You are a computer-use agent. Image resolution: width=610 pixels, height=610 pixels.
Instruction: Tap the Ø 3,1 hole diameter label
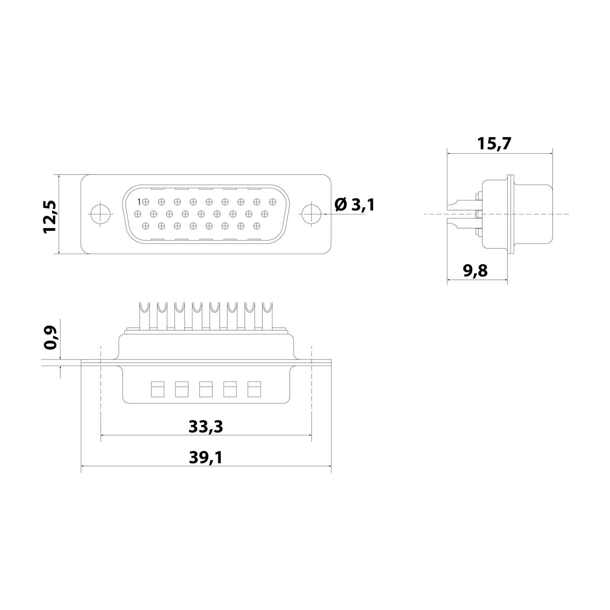coord(354,205)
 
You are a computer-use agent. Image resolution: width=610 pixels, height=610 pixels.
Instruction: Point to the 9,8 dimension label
coord(475,270)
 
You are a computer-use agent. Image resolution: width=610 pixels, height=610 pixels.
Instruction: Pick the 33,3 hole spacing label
coord(206,427)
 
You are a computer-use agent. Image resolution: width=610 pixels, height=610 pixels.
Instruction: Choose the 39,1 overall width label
coord(206,458)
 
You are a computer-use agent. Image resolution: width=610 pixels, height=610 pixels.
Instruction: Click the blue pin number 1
coord(139,201)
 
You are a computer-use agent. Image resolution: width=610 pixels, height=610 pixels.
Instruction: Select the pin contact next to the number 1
coord(146,201)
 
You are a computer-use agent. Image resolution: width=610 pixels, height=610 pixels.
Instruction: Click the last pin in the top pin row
coord(272,201)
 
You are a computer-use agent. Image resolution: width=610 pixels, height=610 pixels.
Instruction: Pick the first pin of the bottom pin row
coord(146,225)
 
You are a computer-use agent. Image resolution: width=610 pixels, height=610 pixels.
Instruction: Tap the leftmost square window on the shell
coord(157,389)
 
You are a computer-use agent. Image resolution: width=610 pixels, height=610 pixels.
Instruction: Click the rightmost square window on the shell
coord(254,389)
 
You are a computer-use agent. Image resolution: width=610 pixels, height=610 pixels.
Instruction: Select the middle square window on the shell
coord(205,389)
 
